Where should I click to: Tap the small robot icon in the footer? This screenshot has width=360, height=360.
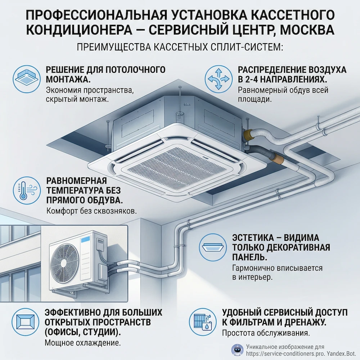click(x=236, y=350)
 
